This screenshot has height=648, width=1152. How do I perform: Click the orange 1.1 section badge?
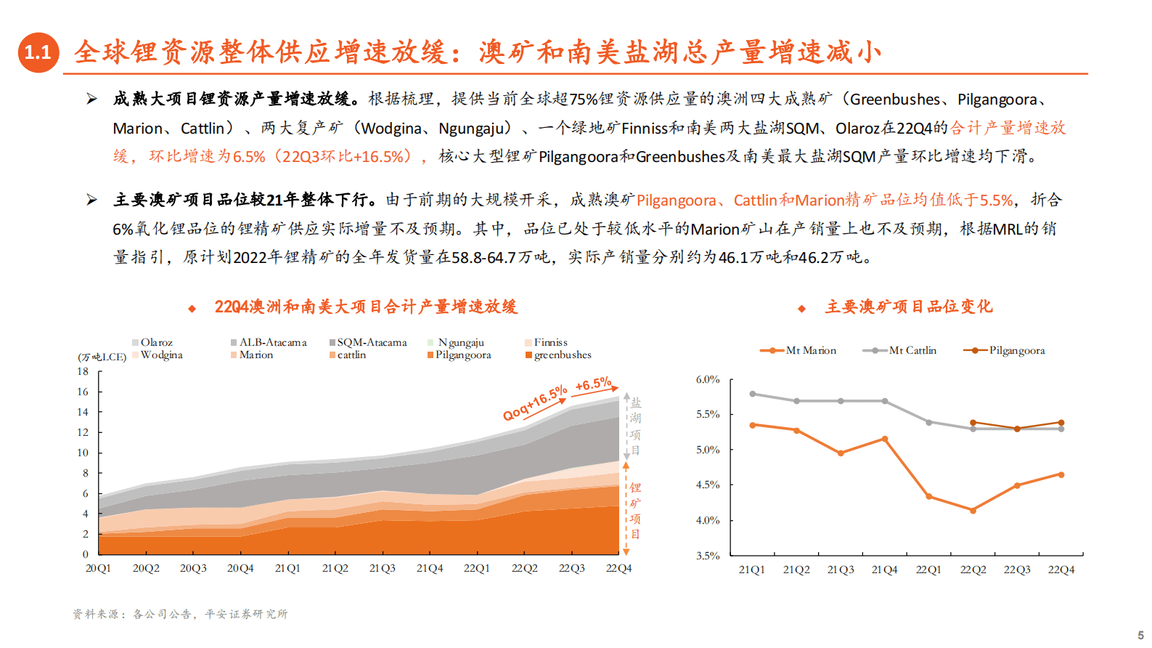[38, 52]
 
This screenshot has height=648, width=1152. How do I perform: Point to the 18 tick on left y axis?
[83, 371]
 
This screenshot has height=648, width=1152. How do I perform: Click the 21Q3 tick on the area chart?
[382, 568]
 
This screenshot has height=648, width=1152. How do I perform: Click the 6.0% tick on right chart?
[707, 379]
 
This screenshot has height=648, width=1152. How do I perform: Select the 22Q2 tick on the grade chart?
[973, 570]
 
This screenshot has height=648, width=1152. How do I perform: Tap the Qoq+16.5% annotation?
[535, 403]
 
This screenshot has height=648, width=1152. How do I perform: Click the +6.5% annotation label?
[593, 384]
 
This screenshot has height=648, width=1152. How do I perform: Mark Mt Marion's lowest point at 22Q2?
[973, 511]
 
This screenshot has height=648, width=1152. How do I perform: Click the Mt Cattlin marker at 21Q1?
[753, 394]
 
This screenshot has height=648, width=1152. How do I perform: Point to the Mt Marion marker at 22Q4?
[1061, 474]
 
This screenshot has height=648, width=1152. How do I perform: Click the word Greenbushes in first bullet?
[894, 100]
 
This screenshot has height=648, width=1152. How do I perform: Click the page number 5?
[1140, 635]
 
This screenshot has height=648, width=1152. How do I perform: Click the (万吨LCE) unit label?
[102, 357]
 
